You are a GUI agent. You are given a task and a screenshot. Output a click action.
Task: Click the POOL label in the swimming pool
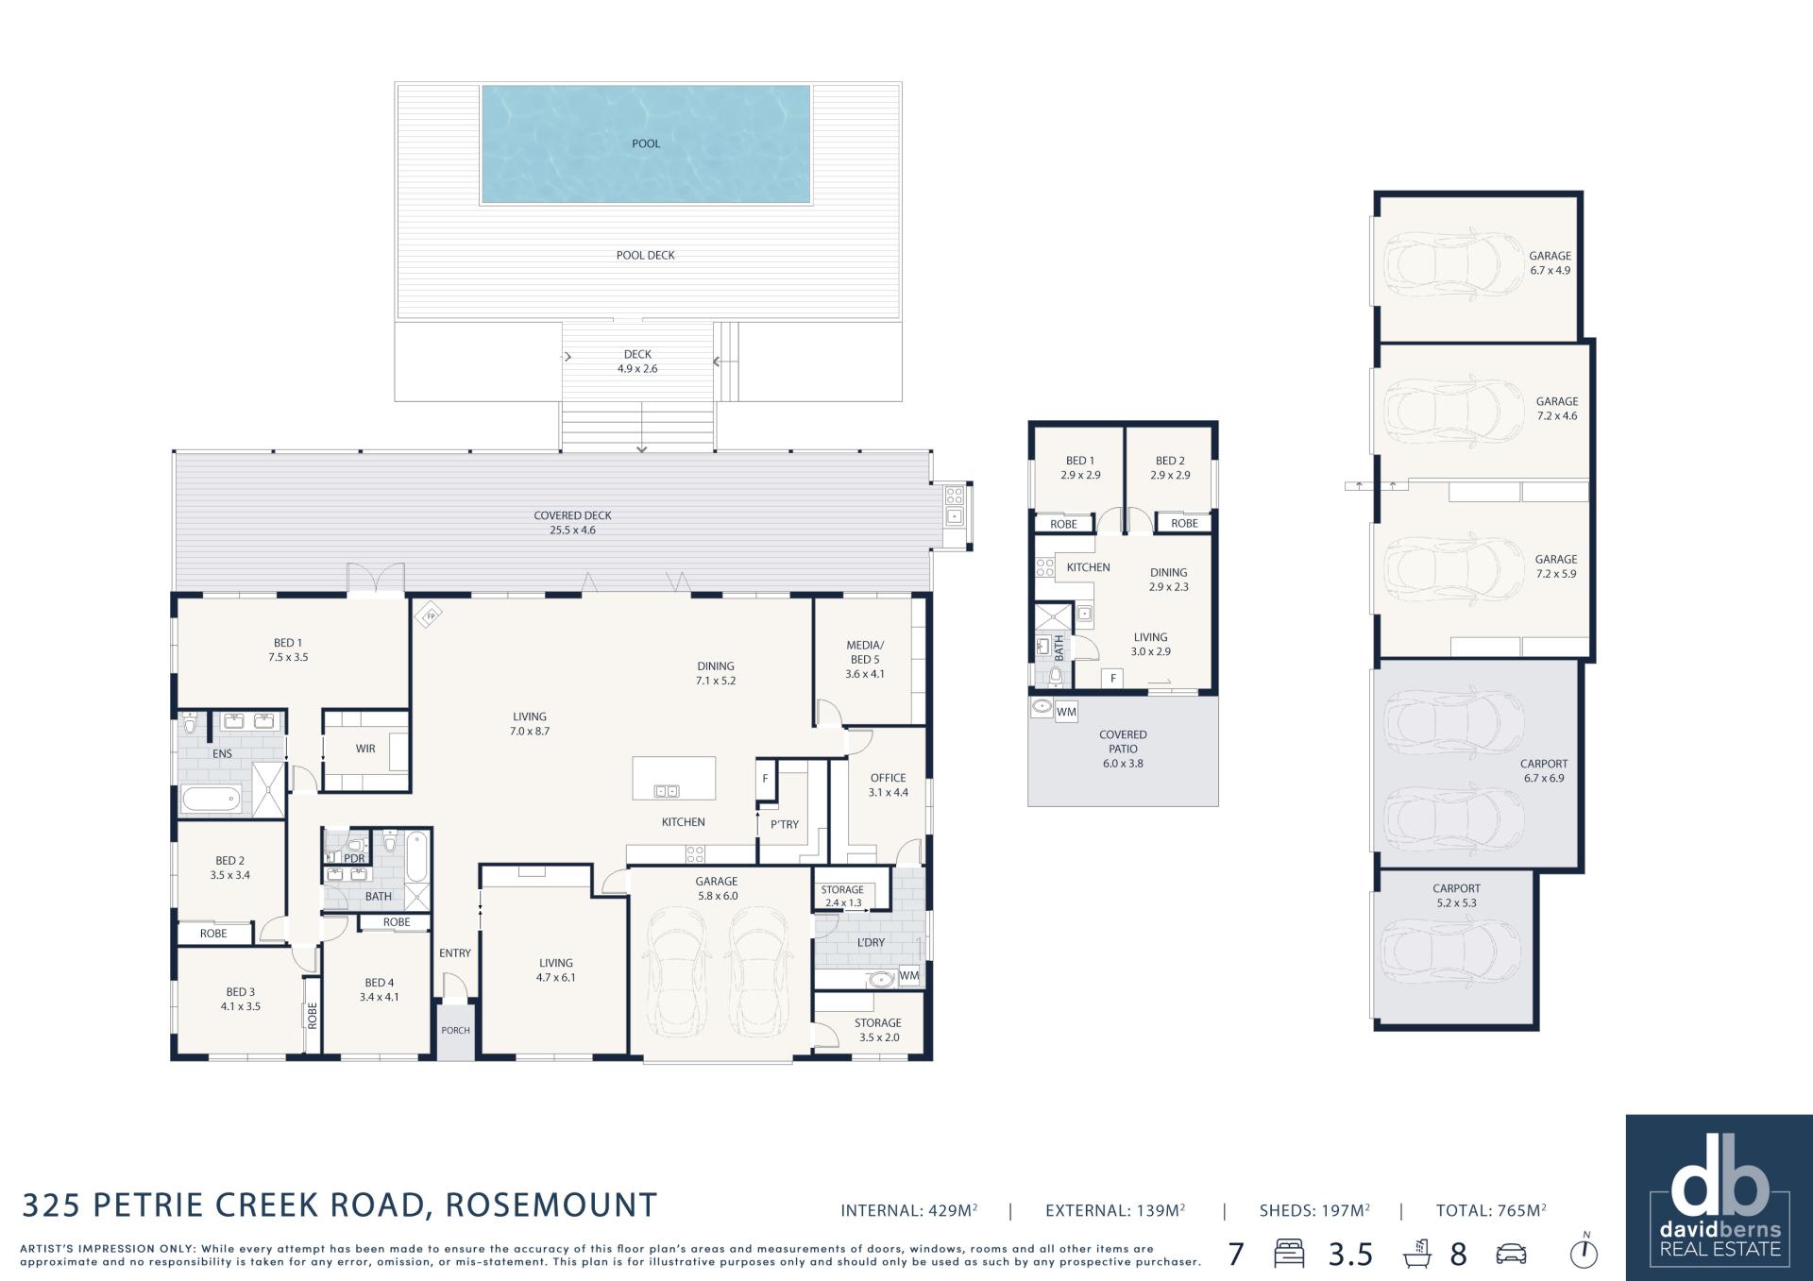click(646, 143)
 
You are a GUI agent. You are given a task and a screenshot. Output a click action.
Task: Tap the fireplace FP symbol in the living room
click(429, 615)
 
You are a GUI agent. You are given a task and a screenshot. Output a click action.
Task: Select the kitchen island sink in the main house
click(667, 791)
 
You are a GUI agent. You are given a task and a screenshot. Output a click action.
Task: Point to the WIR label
click(365, 749)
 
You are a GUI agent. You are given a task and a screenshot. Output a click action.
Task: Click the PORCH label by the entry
click(455, 1030)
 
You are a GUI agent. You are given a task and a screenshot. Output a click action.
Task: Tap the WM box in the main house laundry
click(908, 976)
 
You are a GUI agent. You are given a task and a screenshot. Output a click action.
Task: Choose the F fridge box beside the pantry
click(765, 780)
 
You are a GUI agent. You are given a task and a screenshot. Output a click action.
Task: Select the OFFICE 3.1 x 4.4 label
click(889, 785)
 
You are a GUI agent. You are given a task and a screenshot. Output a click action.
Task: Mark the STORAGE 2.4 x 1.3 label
click(842, 896)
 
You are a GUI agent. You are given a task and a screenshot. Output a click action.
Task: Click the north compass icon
click(1584, 1252)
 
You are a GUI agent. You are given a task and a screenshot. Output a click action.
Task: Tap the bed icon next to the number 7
click(1289, 1254)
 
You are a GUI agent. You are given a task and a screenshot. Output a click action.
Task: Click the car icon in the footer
click(1512, 1254)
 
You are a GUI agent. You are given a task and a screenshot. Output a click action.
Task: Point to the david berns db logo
click(1719, 1198)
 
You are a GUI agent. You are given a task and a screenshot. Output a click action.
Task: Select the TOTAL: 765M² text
click(1491, 1210)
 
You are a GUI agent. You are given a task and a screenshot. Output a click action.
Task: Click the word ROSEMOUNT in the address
click(551, 1205)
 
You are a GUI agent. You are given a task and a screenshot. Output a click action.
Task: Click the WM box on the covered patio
click(1066, 712)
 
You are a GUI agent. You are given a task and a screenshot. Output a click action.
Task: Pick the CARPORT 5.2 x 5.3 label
click(1456, 896)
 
